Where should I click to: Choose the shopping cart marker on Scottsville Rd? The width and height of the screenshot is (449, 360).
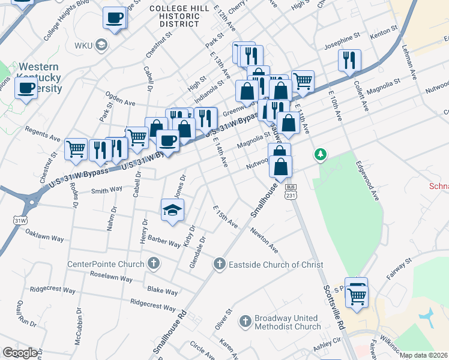pos(357,295)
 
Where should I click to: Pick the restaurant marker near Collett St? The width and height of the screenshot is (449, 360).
pos(349,60)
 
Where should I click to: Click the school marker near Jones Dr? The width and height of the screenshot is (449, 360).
pos(172,209)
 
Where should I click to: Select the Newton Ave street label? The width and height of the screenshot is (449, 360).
pos(264,240)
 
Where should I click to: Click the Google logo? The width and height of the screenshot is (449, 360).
pos(20,353)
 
